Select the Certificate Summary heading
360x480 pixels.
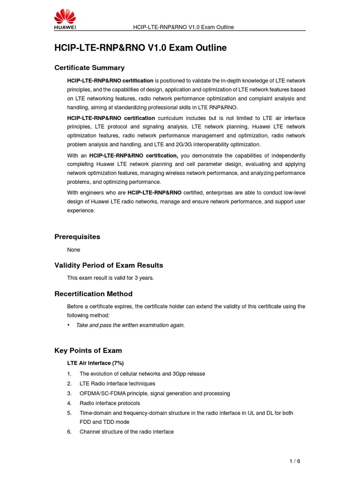click(90, 67)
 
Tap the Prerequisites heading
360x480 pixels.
click(77, 237)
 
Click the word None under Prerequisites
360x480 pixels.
click(74, 250)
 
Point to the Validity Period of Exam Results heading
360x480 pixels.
click(109, 265)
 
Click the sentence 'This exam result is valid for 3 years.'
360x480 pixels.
click(110, 278)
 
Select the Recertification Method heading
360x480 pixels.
click(93, 294)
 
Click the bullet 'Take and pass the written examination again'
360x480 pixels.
click(130, 325)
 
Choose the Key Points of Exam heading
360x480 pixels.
click(88, 351)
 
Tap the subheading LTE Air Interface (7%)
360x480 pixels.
click(95, 363)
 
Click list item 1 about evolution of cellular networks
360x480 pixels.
click(142, 374)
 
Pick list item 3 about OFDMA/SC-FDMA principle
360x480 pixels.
click(155, 393)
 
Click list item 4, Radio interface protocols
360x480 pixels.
click(110, 403)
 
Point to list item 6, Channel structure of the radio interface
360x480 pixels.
click(127, 432)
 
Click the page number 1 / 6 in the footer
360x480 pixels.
click(294, 461)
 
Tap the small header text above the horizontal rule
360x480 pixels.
click(184, 27)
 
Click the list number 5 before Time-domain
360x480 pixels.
click(69, 413)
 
